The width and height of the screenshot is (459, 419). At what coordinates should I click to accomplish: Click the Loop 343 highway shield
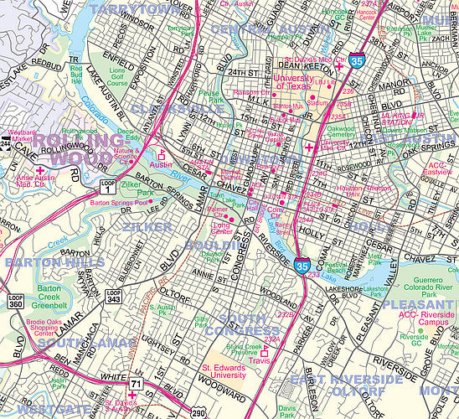113,296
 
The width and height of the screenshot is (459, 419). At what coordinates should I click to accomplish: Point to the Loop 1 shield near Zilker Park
106,184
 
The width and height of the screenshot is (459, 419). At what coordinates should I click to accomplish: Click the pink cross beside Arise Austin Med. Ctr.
39,171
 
